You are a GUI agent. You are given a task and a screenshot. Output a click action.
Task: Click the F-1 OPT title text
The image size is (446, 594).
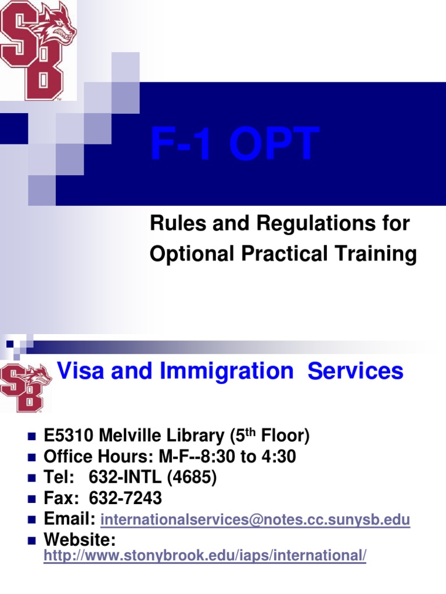tap(235, 144)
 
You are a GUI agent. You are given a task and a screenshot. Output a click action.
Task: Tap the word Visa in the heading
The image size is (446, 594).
tap(81, 371)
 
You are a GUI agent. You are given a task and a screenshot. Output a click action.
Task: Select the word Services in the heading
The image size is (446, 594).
tap(355, 371)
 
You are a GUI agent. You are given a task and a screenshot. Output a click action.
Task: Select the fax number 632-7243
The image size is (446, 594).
tap(125, 499)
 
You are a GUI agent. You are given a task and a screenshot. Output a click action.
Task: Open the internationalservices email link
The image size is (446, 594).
tap(256, 520)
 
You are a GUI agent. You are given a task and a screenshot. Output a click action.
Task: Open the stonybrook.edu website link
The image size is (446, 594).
tap(206, 556)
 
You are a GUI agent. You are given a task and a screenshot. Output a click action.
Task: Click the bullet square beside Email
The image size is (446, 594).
tap(33, 520)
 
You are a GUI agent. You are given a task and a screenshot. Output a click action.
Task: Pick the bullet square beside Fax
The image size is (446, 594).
tap(33, 499)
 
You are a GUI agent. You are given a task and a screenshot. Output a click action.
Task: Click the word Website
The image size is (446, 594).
tap(80, 540)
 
